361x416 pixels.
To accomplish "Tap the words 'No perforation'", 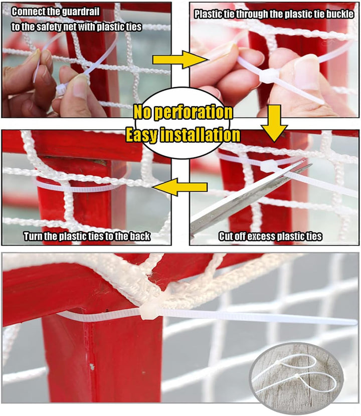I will tap(183, 112).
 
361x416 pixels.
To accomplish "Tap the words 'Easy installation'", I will tap(183, 134).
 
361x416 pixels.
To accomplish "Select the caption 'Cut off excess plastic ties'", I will tap(270, 237).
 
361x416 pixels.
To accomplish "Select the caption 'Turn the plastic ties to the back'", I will tap(87, 237).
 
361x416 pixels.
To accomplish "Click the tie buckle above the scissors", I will tap(275, 165).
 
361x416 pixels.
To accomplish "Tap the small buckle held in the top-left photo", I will tap(61, 90).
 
